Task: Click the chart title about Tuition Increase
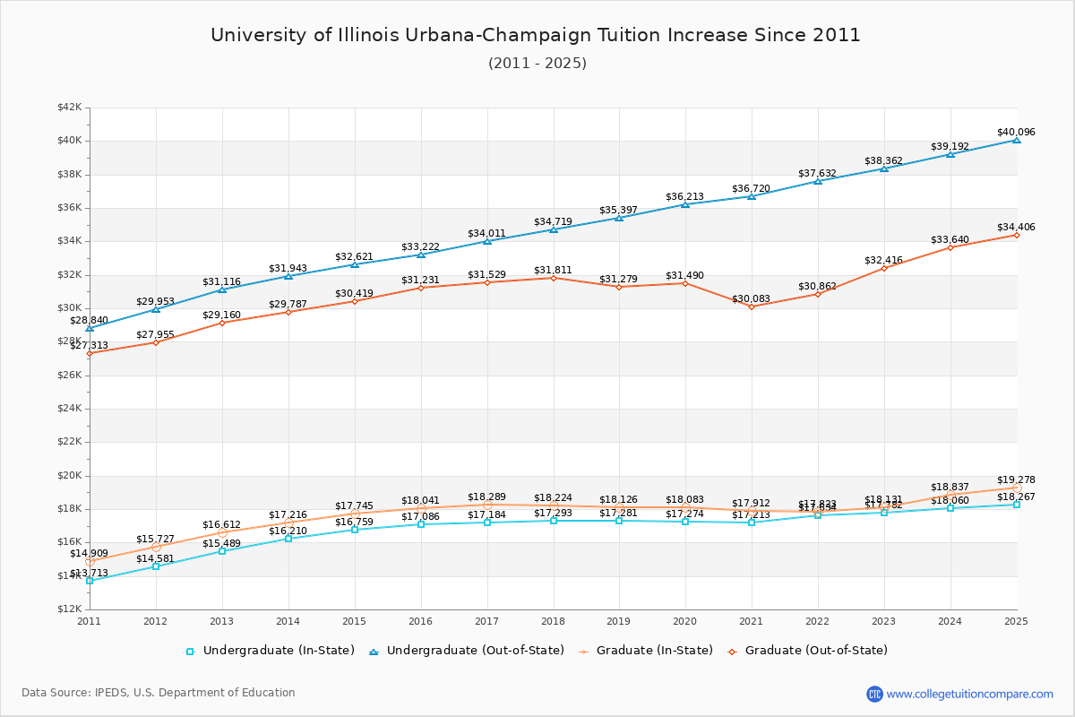(x=536, y=35)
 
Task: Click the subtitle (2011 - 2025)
(x=537, y=64)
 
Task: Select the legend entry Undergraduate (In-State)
(x=270, y=651)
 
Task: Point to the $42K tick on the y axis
(x=69, y=108)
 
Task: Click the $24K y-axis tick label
(x=69, y=409)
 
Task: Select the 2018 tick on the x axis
(x=553, y=621)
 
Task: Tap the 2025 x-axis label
(x=1016, y=621)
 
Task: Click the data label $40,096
(x=1016, y=133)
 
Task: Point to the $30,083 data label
(x=751, y=298)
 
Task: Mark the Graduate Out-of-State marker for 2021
(x=752, y=307)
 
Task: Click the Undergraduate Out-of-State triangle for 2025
(x=1017, y=140)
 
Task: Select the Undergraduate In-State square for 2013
(x=222, y=551)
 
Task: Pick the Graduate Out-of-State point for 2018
(x=554, y=278)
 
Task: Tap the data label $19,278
(x=1016, y=480)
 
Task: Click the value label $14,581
(x=155, y=558)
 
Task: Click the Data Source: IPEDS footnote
(x=159, y=693)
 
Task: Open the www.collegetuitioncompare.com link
(x=969, y=694)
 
